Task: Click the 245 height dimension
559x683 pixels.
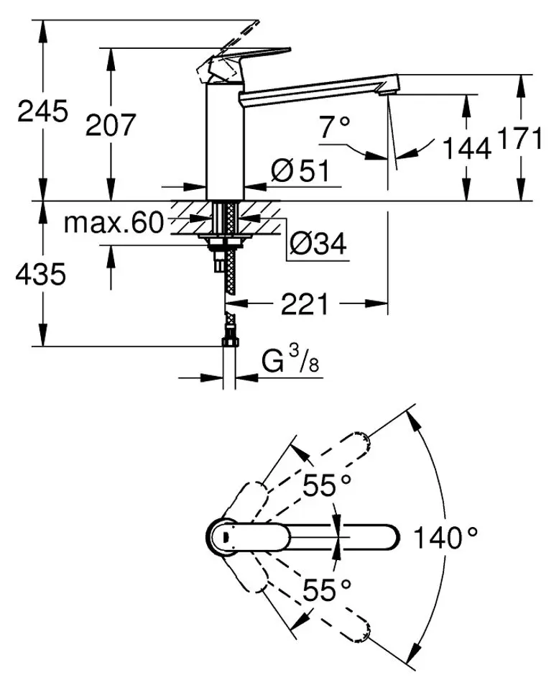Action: (x=43, y=111)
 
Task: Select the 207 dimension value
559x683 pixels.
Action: (x=111, y=126)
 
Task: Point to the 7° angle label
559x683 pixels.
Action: (x=335, y=129)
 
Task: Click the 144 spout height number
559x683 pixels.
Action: (x=466, y=149)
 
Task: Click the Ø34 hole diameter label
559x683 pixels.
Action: (x=317, y=245)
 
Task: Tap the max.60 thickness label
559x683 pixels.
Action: (x=114, y=224)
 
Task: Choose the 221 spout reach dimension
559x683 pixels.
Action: (x=304, y=305)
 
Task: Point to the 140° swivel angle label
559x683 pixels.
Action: (x=445, y=537)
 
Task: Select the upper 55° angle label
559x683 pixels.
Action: (x=327, y=487)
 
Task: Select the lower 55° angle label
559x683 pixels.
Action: (x=327, y=591)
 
